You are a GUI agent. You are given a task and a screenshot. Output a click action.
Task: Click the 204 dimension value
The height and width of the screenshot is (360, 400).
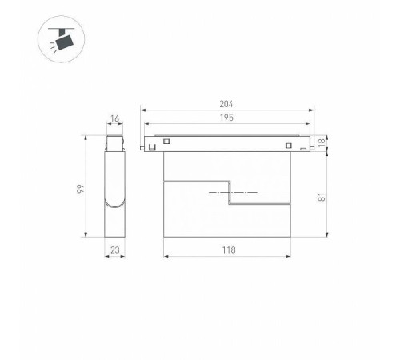coord(226,104)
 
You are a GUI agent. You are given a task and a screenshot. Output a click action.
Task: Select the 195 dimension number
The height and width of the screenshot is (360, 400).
coord(226,118)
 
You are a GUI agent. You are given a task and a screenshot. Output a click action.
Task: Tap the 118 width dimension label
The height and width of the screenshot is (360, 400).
coord(229,250)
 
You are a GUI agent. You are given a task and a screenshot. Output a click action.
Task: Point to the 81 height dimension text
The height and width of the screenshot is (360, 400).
coord(322,197)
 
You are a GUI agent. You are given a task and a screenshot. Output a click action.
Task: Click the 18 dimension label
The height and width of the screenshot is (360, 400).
coord(322,142)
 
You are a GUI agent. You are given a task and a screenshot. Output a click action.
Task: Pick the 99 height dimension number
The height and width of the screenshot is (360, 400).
coord(80,189)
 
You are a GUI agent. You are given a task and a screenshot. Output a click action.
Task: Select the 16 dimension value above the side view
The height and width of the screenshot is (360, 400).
coord(114,118)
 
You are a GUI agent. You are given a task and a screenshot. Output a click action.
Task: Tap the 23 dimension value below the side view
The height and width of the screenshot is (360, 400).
coord(115,250)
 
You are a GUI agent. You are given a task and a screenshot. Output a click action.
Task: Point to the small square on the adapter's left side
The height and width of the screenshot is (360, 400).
coord(166,141)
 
